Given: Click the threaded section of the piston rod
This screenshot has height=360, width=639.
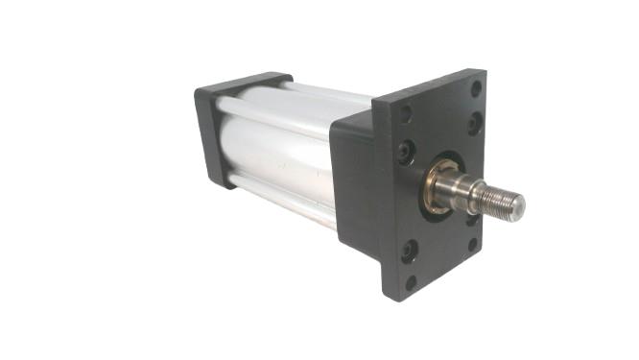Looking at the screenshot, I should coord(500,200).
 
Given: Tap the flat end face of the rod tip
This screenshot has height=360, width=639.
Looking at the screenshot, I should coord(519,204).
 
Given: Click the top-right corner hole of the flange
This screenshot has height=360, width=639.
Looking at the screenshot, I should coord(476,88).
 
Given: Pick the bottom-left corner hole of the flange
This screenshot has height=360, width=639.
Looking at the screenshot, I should coord(411,282).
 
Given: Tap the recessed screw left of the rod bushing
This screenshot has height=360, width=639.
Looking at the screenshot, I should coord(407,151).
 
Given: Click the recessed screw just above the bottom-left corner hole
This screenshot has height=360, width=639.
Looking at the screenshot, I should coord(410,252).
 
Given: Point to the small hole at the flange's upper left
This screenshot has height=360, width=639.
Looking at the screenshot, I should coord(406,113).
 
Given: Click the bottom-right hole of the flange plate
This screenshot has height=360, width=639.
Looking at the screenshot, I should coord(472,244).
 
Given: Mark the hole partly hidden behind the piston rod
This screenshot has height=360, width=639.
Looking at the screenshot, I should coord(472,219).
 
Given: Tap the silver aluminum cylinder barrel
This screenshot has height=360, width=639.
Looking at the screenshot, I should coord(278,154).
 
